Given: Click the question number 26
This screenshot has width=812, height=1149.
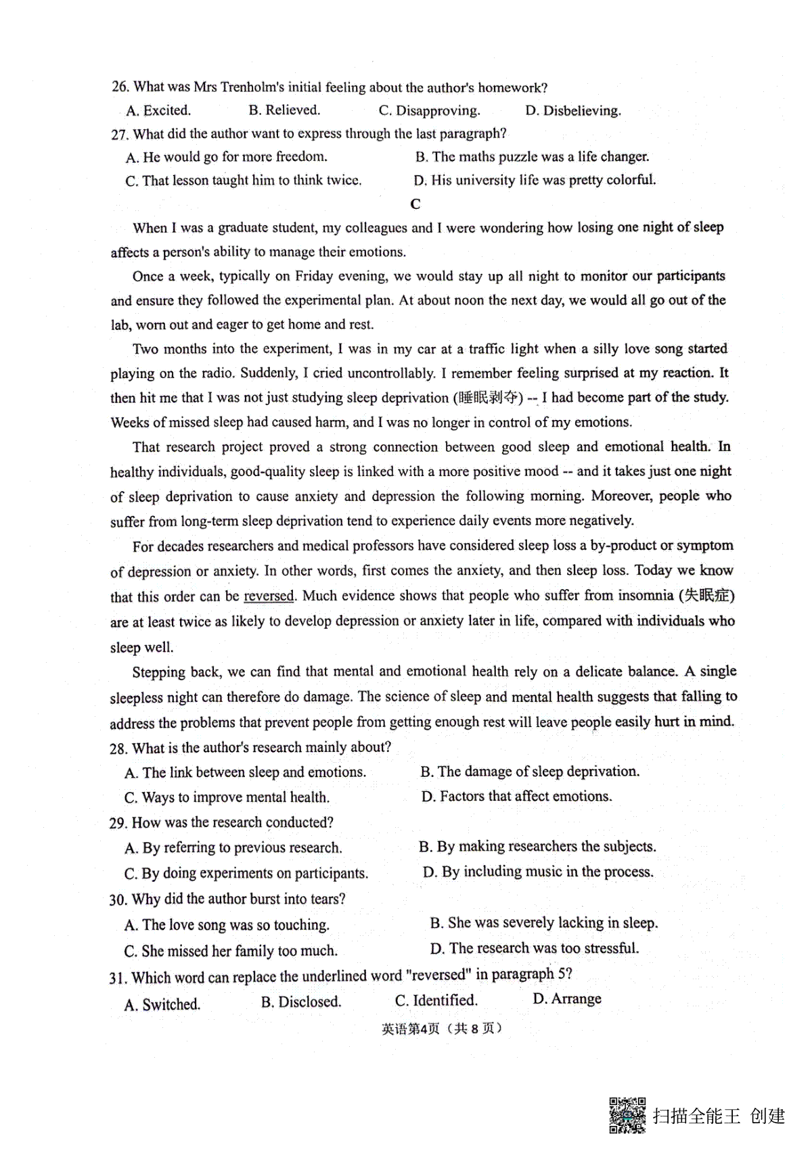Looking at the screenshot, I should (120, 87).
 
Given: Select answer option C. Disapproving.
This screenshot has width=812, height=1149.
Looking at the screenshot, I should (429, 111).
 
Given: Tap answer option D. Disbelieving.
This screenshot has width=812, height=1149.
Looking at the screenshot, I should (572, 111).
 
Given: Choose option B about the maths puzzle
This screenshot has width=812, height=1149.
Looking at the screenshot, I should (532, 157).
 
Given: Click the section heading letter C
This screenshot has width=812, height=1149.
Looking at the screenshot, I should (415, 204).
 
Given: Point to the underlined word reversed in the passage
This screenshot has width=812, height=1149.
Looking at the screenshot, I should (269, 596).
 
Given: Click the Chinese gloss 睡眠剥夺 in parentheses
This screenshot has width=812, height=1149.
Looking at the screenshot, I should (491, 398).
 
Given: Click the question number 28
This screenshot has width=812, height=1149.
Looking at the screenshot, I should (118, 748).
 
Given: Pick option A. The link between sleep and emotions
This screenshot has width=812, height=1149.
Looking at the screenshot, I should (246, 772).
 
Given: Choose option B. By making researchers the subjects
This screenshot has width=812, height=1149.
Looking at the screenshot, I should (537, 847).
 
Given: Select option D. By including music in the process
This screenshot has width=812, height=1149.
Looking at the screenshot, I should (538, 872).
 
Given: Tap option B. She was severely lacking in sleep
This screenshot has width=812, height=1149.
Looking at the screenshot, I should (543, 923).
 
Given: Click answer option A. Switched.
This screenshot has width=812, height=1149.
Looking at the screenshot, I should (162, 1004).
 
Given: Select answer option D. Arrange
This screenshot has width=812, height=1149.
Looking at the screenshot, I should (567, 999).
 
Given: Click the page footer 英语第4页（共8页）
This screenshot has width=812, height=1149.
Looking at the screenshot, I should (442, 1029).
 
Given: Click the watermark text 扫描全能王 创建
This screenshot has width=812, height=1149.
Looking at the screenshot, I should (719, 1116).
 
